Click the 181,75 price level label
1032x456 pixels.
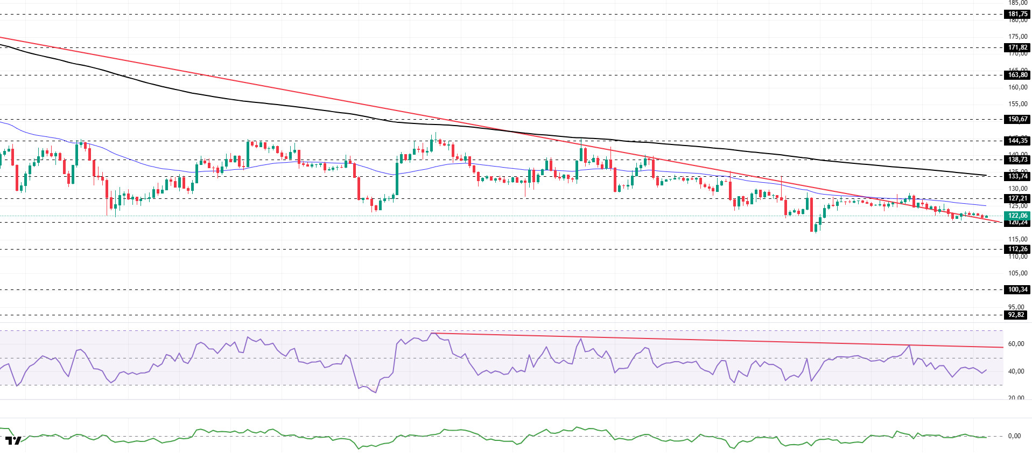coord(1017,15)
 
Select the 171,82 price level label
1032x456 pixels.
coord(1017,47)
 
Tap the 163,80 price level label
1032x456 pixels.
coord(1017,75)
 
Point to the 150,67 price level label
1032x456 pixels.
coord(1017,119)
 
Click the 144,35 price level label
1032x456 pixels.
coord(1017,141)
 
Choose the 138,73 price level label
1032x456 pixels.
coord(1017,160)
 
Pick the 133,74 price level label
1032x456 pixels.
coord(1017,176)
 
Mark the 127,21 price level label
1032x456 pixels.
coord(1017,198)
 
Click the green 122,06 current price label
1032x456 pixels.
coord(1017,216)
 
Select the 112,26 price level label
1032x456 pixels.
coord(1017,249)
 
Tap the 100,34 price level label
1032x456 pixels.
coord(1017,289)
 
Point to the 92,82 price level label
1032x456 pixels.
coord(1016,315)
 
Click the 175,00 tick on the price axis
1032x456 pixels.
coord(1017,37)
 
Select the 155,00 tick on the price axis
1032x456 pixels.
coord(1017,104)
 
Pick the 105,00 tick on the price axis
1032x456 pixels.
coord(1017,273)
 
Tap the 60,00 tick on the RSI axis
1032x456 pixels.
coord(1016,344)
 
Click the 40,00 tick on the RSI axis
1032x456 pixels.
coord(1016,371)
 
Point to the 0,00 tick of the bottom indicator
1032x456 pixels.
coord(1014,436)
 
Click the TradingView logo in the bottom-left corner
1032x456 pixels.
coord(13,440)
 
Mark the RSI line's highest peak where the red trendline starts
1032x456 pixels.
coord(434,333)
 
